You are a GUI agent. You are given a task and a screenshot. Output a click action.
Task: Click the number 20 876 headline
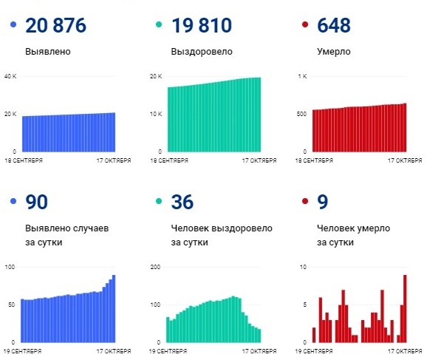55,26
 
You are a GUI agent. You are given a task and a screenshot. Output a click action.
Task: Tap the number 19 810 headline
201,26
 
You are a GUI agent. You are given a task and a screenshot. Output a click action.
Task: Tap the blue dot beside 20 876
13,26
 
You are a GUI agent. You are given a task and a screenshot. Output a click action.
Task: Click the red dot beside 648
305,26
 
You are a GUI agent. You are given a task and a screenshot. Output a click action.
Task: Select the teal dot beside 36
159,202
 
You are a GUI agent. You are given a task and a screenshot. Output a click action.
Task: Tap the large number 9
322,202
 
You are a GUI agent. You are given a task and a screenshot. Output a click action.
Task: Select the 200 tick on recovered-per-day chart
155,266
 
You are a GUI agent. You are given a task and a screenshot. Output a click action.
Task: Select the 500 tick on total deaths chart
301,114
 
